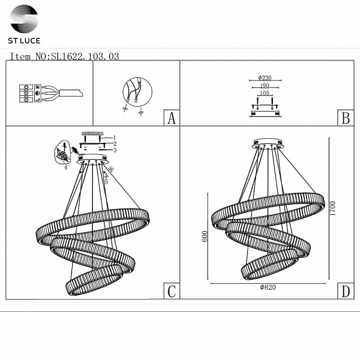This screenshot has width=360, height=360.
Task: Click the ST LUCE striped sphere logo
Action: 24,19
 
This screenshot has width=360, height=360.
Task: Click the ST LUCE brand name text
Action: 24,41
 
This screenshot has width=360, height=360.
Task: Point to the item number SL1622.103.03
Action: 85,56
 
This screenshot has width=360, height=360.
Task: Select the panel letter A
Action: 171,118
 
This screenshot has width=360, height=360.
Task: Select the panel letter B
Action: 345,118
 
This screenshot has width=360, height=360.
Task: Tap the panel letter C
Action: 171,291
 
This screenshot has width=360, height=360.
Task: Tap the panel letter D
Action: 345,291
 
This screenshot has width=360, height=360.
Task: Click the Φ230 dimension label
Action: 265,78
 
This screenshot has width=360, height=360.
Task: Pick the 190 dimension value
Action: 265,85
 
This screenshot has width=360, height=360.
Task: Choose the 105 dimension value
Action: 265,93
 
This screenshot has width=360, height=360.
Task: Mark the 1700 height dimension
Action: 333,208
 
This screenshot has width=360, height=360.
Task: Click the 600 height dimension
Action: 204,236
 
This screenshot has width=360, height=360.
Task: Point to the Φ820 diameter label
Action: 268,287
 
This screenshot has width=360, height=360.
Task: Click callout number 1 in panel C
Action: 114,138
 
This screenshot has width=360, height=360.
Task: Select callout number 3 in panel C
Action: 115,150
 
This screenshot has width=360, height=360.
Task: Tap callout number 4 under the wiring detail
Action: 66,168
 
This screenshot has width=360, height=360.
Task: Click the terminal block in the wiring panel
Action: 30,93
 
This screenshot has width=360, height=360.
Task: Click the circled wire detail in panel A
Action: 137,92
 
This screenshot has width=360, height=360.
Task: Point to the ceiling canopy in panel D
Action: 268,144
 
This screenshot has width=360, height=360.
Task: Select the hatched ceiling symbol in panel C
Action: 92,134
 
